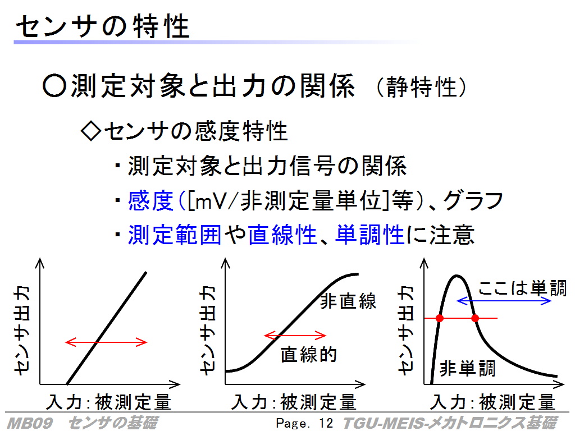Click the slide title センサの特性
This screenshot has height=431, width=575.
point(102,26)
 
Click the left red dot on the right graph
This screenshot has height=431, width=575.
point(440,318)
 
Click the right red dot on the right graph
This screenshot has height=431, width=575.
point(475,318)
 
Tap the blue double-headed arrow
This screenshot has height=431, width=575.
point(504,301)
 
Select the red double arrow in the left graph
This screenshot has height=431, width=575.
point(106,342)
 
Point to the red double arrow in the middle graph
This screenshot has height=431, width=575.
point(295,335)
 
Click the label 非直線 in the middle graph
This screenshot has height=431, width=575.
point(348,301)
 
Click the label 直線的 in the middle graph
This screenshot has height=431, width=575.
point(308,355)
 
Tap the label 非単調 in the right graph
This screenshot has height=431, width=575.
point(467,368)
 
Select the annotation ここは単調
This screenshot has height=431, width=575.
point(523,288)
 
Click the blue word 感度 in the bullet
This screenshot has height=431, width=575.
point(150,200)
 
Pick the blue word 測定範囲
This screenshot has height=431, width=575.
point(175,234)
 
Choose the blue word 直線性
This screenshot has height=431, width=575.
point(282,234)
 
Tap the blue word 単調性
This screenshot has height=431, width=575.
point(369,234)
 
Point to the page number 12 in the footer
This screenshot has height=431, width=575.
point(326,423)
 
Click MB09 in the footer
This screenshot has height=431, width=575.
point(30,423)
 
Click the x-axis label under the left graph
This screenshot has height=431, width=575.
point(109,402)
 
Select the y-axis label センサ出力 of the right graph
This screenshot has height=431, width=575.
point(407,330)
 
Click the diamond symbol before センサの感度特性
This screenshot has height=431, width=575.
point(90,131)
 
